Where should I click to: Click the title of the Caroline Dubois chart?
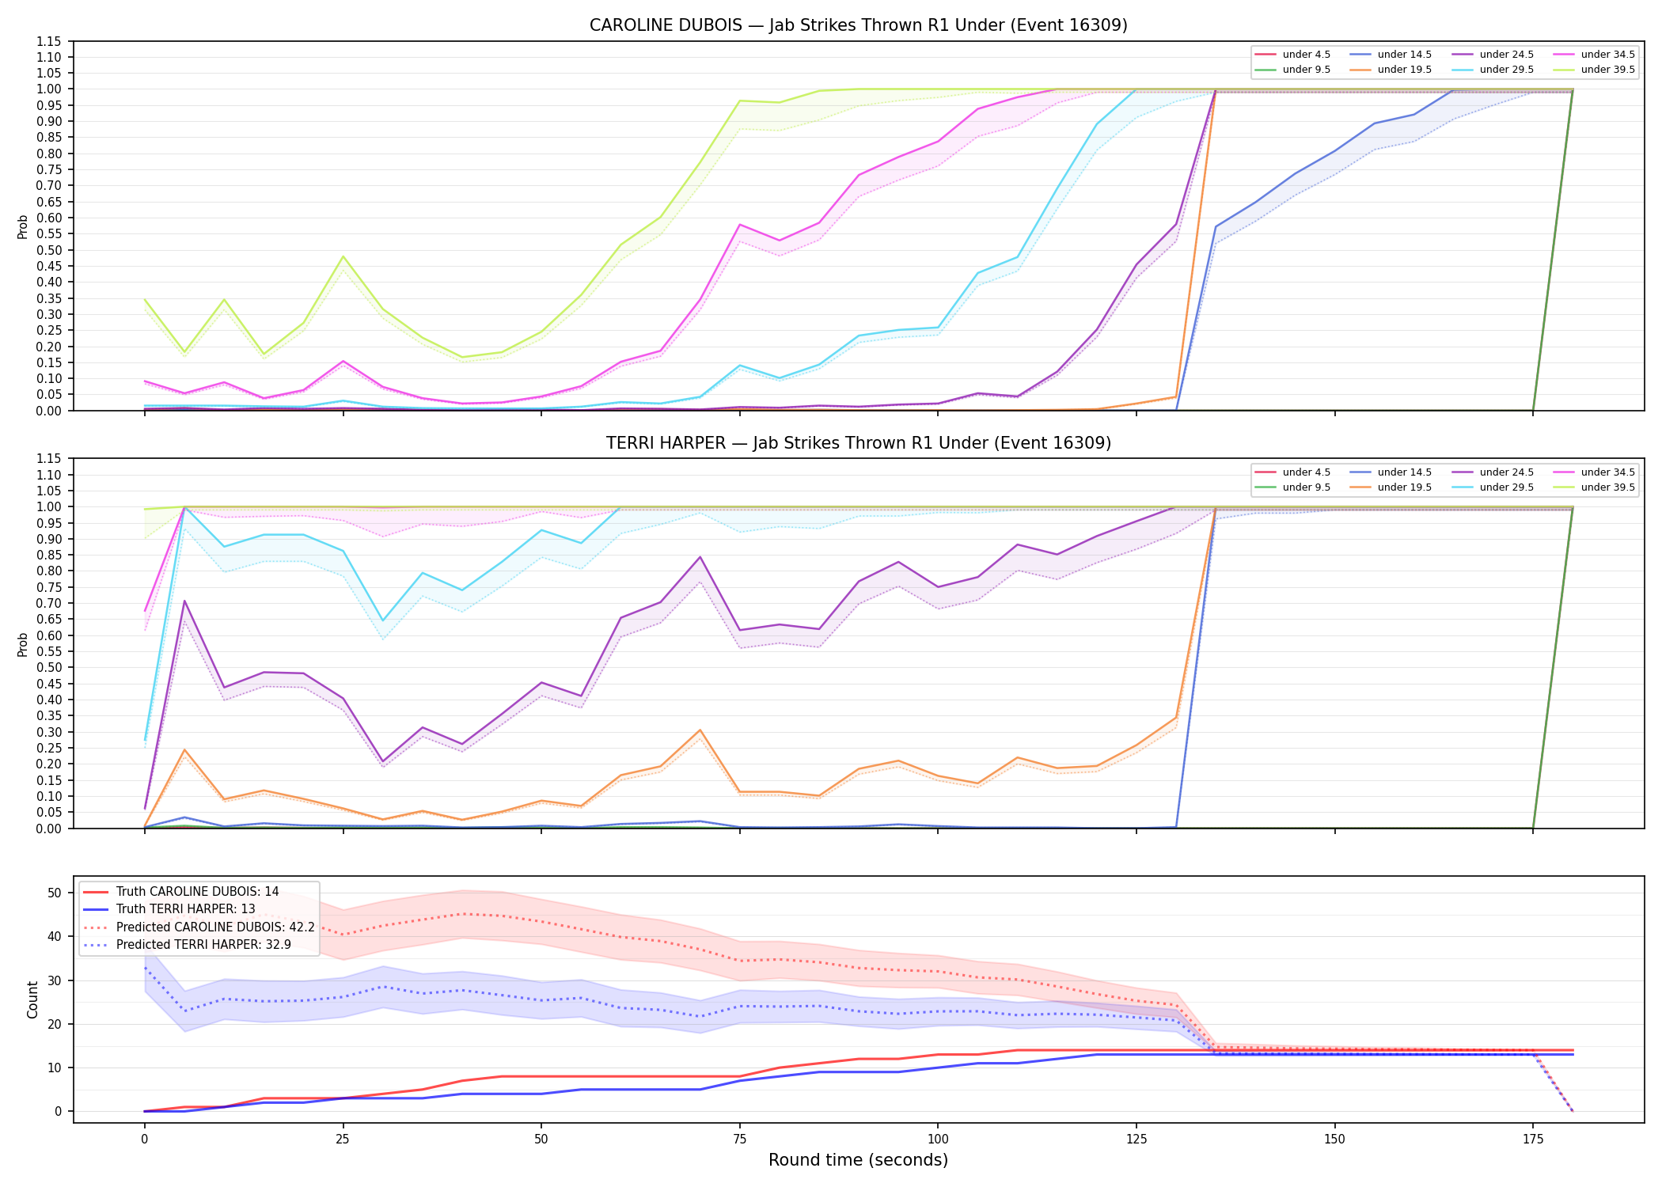click(858, 25)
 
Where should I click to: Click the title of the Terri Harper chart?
click(858, 443)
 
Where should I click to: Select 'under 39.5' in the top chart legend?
click(1607, 70)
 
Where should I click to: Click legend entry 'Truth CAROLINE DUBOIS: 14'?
click(197, 892)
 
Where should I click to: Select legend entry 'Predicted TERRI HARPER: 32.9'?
click(203, 945)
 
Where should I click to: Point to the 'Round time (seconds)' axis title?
click(858, 1160)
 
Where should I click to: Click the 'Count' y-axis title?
click(32, 999)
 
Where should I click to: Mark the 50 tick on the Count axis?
click(55, 893)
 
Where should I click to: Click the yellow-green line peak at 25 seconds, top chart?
click(343, 256)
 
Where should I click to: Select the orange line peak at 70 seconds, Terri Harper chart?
click(700, 730)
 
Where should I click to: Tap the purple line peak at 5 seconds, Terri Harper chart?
click(184, 601)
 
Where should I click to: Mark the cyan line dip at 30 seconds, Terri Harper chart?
click(383, 620)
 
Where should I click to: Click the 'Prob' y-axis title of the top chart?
click(23, 226)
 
